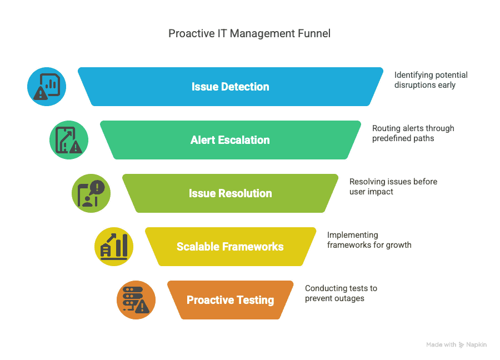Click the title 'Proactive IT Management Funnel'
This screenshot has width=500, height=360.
(249, 33)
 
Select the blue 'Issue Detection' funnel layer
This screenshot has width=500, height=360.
(230, 87)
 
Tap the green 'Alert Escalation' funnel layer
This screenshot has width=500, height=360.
(230, 140)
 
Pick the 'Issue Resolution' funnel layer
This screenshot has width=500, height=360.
(230, 193)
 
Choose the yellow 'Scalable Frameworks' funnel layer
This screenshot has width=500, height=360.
(230, 247)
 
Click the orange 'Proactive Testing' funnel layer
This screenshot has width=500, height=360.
(230, 300)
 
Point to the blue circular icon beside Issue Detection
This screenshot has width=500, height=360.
(47, 87)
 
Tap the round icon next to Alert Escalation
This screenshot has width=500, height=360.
(69, 140)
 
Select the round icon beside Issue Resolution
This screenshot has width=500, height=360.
(91, 193)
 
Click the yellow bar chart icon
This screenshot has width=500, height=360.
(114, 247)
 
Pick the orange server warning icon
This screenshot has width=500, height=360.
(136, 300)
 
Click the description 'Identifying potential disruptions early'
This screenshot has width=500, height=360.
(431, 80)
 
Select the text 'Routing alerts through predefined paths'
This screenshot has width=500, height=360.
(413, 133)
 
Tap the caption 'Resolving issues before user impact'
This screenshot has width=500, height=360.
(393, 187)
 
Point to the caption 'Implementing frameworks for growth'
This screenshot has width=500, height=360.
(369, 240)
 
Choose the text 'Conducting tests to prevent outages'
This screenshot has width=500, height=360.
(341, 293)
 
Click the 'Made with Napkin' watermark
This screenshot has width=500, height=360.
(456, 344)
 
